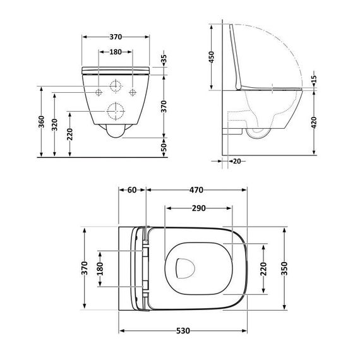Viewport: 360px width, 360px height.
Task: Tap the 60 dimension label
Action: click(x=133, y=189)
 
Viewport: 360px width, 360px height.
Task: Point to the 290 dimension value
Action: click(x=197, y=207)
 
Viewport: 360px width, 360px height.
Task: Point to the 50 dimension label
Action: click(x=164, y=147)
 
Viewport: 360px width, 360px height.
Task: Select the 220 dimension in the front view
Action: click(x=71, y=135)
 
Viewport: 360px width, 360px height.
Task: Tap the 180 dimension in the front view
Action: click(x=116, y=53)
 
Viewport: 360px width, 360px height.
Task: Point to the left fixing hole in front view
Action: click(x=99, y=92)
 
